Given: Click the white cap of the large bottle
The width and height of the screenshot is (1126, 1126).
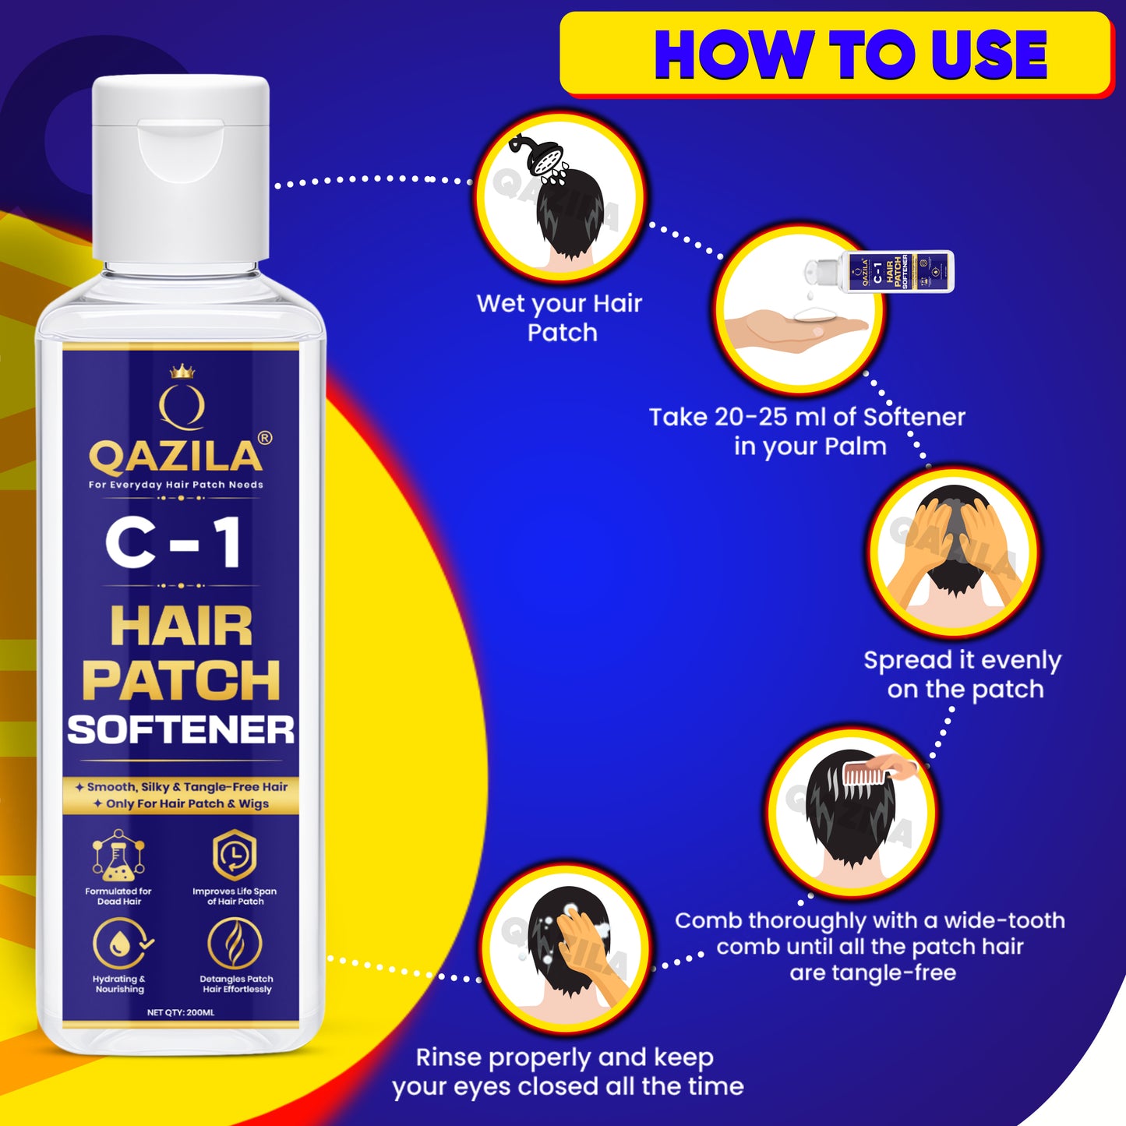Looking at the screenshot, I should (x=181, y=168).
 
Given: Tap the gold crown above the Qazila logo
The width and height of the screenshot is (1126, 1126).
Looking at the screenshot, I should (x=182, y=371).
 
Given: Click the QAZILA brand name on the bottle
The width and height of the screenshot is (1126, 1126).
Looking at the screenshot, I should (x=176, y=457).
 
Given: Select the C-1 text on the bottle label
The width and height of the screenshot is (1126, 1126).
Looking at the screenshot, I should (x=173, y=543).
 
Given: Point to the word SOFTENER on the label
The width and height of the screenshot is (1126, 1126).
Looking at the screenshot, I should (x=181, y=730).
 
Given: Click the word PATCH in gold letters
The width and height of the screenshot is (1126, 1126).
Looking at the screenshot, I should (x=181, y=680).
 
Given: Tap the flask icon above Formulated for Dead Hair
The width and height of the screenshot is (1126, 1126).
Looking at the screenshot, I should (x=118, y=855).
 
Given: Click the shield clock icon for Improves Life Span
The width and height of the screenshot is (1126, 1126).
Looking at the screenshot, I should (x=235, y=855).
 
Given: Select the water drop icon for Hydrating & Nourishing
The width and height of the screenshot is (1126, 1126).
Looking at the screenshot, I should (x=119, y=944).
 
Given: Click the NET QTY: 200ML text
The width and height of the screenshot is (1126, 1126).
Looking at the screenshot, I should (x=181, y=1012).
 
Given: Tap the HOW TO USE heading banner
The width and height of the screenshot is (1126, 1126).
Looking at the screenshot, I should (x=835, y=55).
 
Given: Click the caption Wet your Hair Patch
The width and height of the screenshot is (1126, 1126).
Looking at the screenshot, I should (x=559, y=318).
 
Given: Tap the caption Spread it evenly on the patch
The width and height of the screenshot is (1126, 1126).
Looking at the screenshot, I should (x=963, y=675).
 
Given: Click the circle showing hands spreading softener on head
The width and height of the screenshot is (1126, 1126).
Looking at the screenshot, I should (x=952, y=552).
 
